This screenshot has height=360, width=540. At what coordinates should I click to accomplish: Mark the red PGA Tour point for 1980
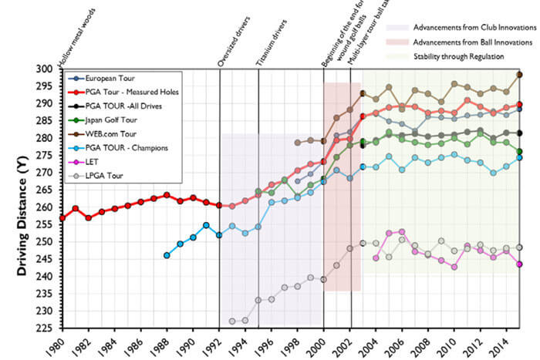click(62, 218)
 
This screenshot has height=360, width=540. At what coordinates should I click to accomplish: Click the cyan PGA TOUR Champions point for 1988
click(167, 255)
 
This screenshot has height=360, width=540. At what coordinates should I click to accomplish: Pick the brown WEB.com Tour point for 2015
click(520, 75)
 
